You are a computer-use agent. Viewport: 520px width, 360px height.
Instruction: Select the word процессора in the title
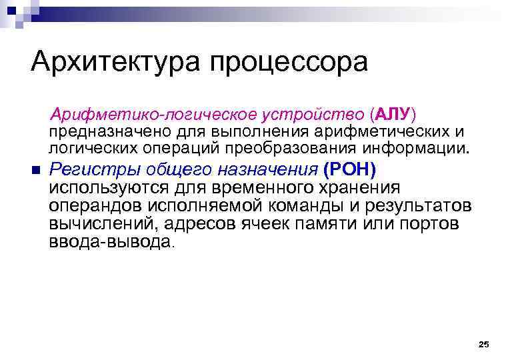pos(289,63)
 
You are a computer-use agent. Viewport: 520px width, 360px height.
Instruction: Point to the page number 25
pos(484,344)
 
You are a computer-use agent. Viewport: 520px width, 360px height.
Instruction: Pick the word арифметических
pos(370,131)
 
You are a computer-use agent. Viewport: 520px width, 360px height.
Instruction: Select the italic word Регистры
pos(86,169)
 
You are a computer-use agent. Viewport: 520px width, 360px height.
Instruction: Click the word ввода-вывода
pos(109,243)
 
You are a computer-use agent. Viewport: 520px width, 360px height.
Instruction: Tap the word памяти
pos(341,225)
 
